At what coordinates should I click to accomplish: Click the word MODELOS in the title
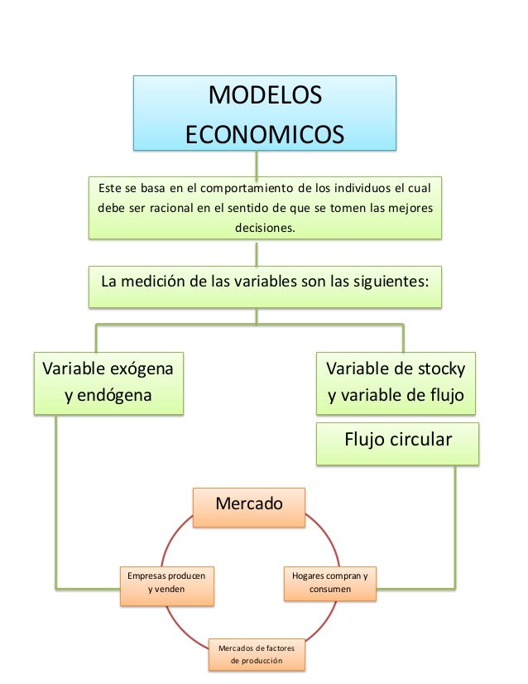click(264, 96)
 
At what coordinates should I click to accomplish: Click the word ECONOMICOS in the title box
click(264, 132)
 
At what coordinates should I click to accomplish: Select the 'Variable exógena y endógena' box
click(108, 382)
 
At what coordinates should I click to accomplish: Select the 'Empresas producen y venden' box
click(166, 581)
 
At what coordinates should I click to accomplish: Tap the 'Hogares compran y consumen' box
click(330, 581)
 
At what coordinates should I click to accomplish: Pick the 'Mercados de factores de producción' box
click(256, 653)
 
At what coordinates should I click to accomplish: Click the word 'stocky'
click(440, 368)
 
